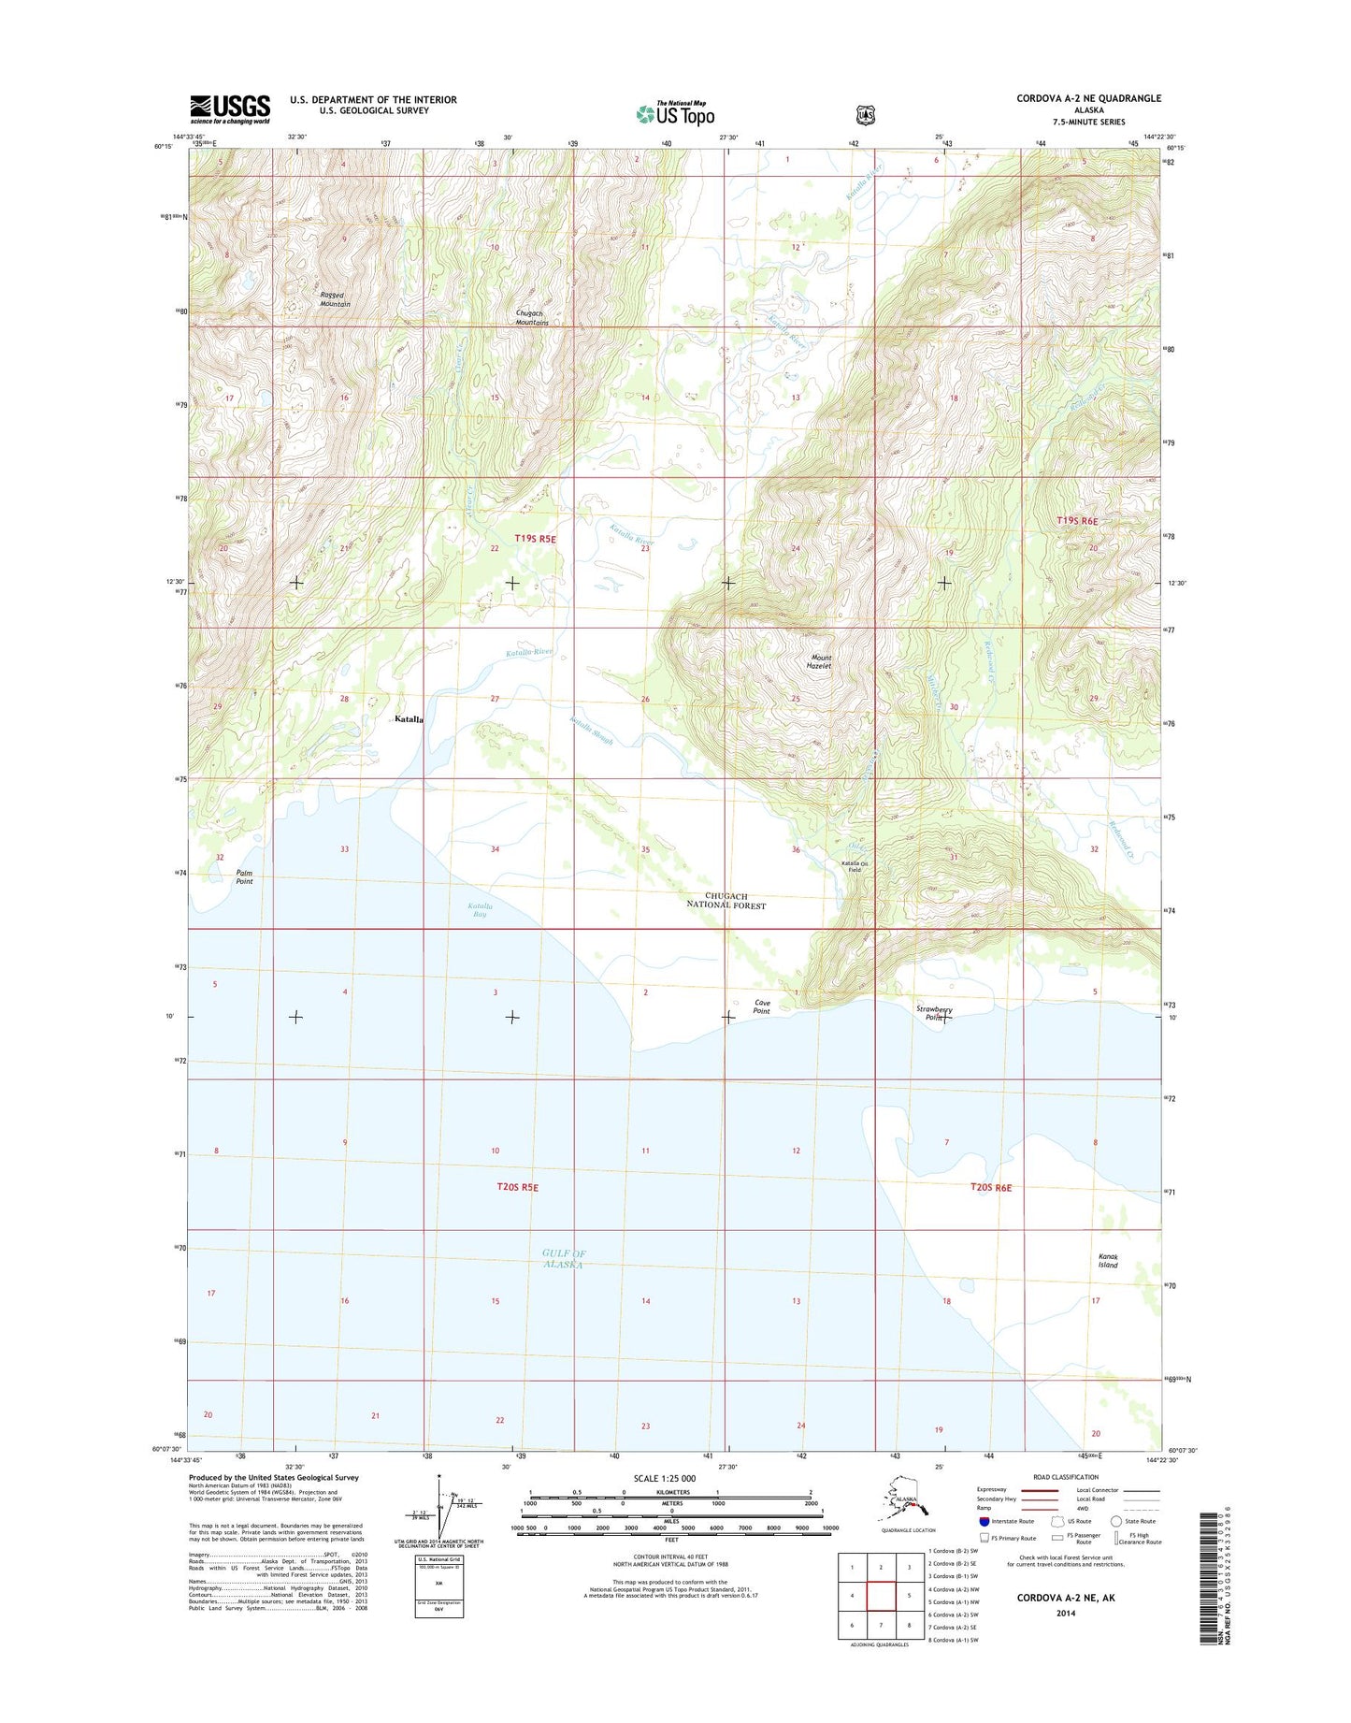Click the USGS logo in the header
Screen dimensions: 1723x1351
(230, 109)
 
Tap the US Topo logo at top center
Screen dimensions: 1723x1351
(675, 113)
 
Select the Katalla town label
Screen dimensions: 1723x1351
(409, 719)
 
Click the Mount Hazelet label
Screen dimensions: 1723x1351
(819, 661)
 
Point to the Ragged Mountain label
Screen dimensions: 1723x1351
(335, 299)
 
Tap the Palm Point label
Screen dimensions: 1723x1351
(244, 876)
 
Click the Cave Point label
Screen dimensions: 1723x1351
(762, 1006)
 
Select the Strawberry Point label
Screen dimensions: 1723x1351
(933, 1013)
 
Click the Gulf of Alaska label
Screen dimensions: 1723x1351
(563, 1258)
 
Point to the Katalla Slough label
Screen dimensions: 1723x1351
(591, 730)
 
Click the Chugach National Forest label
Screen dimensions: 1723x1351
(726, 901)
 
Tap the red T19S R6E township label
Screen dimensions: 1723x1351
(1076, 521)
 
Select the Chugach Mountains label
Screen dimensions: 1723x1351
(532, 318)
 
